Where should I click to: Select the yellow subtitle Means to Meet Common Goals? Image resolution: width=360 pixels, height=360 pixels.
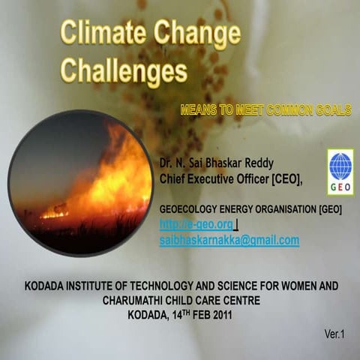(266, 110)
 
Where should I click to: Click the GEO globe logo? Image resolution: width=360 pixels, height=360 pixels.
(340, 166)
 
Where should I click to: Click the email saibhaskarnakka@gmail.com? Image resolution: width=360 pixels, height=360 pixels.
(229, 240)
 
